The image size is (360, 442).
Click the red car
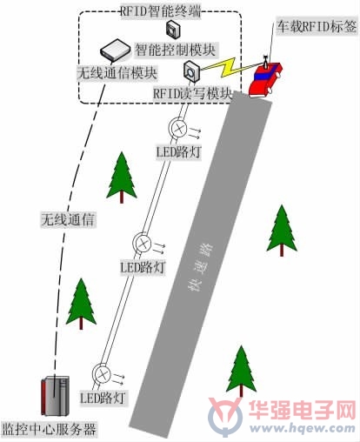265,79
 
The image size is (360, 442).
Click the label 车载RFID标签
317,27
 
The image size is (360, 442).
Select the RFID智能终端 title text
160,12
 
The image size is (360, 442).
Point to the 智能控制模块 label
176,50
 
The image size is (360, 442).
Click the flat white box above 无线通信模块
116,51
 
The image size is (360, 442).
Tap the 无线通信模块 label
117,73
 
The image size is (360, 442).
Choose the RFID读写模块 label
193,93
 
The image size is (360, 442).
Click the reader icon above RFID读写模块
191,71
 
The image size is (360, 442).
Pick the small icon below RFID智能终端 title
173,30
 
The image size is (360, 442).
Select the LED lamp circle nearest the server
102,374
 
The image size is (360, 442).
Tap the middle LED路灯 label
143,267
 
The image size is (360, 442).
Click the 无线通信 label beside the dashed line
68,219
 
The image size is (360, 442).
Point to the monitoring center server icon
55,396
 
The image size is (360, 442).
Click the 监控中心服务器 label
49,429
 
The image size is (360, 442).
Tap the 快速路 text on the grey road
199,267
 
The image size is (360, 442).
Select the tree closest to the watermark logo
241,372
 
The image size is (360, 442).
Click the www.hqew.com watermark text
303,427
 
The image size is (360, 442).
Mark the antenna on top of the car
264,62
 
